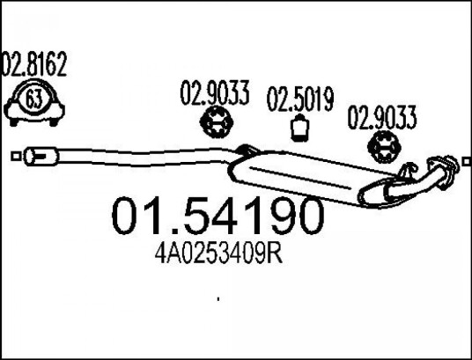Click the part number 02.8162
point(34,64)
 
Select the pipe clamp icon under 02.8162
point(34,103)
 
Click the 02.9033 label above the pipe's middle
point(215,92)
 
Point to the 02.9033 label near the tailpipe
point(382,117)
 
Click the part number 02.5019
point(300,99)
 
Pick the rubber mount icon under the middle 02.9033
point(217,122)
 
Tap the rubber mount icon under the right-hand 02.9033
point(385,147)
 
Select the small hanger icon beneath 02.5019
point(299,128)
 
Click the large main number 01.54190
point(218,216)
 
